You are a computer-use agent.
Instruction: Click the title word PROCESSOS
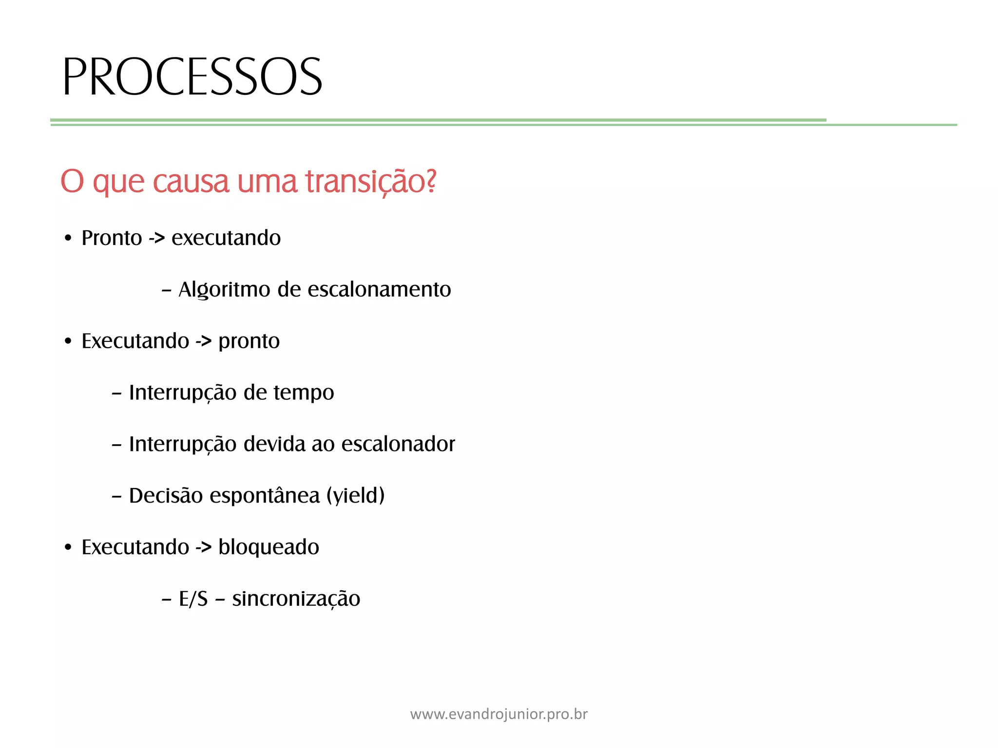(192, 77)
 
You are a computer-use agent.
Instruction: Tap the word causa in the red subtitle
(191, 181)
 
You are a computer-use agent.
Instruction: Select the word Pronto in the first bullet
(112, 238)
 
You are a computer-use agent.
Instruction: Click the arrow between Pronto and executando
(157, 239)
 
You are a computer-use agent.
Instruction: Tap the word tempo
(304, 393)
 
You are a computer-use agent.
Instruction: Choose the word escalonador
(398, 444)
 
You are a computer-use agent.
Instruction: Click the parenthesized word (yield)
(356, 496)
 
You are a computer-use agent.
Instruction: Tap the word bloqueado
(269, 547)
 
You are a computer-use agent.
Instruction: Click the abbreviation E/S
(193, 599)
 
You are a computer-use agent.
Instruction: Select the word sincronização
(296, 599)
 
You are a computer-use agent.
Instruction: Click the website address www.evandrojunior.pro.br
(499, 714)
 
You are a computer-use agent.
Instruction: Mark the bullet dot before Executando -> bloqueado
(68, 547)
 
